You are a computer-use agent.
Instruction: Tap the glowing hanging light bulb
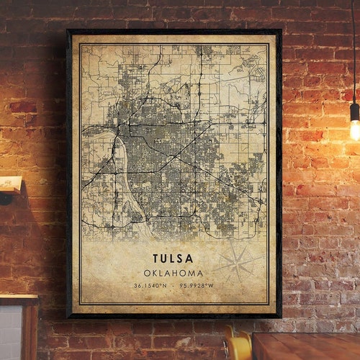(x=355, y=129)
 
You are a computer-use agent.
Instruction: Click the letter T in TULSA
(x=156, y=258)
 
